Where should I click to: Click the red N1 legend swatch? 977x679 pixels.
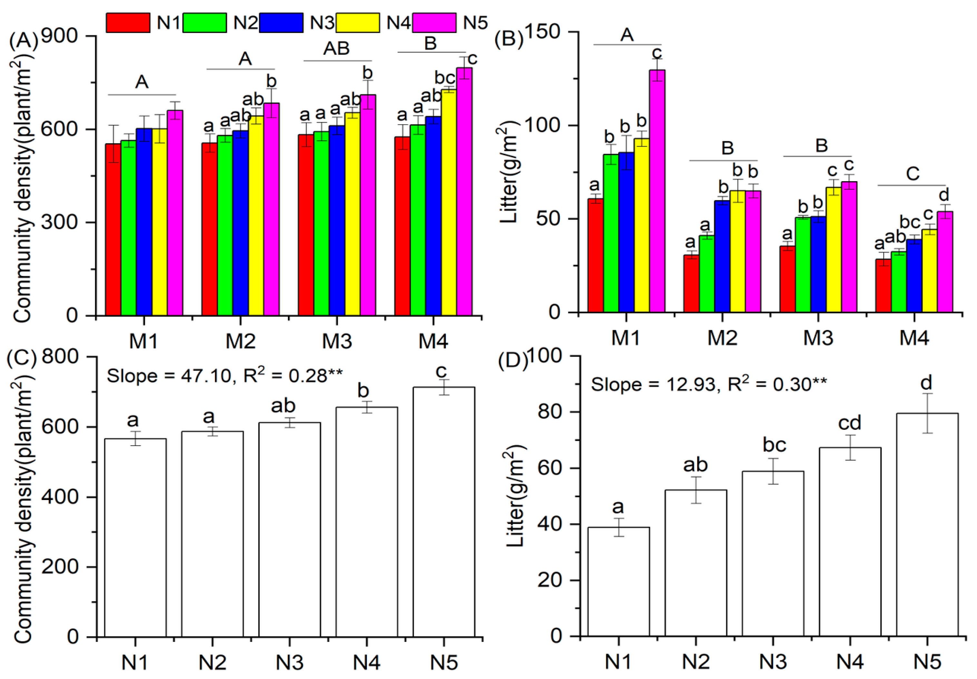128,23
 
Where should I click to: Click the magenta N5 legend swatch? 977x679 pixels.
434,23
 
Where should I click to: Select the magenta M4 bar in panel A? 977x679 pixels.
464,192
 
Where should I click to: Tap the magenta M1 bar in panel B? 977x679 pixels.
657,192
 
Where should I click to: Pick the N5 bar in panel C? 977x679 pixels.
444,510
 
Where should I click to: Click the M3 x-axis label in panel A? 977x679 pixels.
337,341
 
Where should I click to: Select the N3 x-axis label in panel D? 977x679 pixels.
773,662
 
